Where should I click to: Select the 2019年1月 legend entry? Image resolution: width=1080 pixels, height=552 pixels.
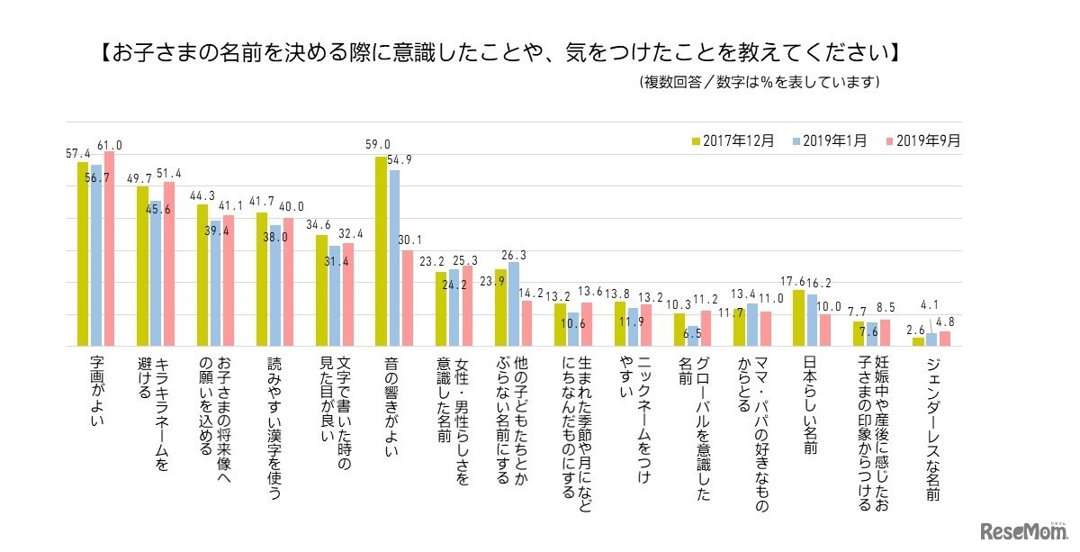[831, 140]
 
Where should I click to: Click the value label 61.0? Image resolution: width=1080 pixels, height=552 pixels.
[110, 144]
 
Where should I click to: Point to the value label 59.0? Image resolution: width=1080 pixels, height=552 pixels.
[377, 144]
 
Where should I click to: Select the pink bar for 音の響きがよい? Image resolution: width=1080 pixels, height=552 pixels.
[408, 298]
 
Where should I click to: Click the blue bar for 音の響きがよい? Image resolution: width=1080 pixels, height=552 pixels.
[394, 258]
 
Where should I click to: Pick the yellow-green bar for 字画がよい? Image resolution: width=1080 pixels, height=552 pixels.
[83, 254]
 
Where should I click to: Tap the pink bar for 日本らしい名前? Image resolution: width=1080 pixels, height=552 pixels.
[824, 330]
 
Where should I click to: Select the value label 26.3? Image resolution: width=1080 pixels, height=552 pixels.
[513, 255]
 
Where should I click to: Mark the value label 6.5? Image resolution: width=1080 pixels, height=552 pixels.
[693, 332]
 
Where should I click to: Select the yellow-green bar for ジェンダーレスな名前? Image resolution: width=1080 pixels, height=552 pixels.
[918, 342]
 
